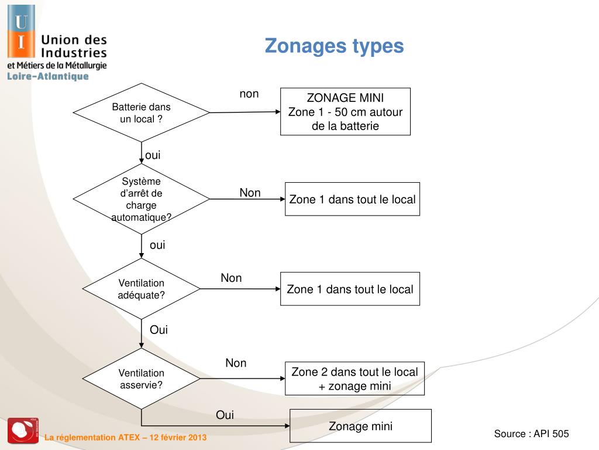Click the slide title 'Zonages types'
(x=334, y=46)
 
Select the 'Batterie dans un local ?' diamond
(x=141, y=112)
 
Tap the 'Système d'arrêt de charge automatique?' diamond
(x=141, y=199)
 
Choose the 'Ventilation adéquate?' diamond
(x=141, y=289)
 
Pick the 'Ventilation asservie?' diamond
(x=141, y=379)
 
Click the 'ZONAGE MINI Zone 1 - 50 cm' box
(x=345, y=111)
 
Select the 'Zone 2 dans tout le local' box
(x=354, y=379)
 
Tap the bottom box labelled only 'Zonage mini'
(x=360, y=426)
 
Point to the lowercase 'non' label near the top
(x=249, y=94)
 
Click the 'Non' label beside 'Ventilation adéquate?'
(x=231, y=278)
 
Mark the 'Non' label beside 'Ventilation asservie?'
(x=236, y=363)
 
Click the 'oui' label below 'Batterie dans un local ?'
(x=153, y=155)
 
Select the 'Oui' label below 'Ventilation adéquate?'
(x=159, y=330)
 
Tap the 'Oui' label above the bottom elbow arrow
(x=225, y=415)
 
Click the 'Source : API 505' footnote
(x=531, y=434)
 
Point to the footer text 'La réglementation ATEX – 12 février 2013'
(x=126, y=438)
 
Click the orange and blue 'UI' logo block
(x=21, y=32)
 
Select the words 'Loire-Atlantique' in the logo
(x=48, y=76)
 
